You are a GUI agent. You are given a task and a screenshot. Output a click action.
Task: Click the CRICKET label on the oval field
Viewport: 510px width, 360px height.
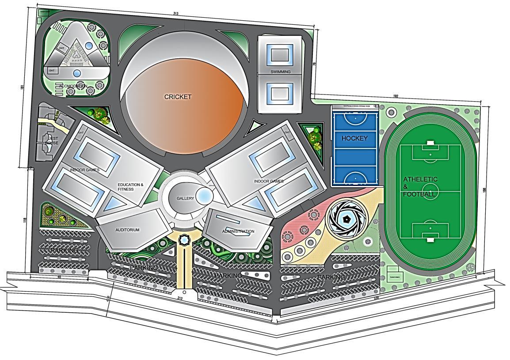(178, 97)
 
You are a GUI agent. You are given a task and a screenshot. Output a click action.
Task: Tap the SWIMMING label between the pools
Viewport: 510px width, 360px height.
(280, 72)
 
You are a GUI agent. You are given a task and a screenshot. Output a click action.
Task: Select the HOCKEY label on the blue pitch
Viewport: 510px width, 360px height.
(354, 138)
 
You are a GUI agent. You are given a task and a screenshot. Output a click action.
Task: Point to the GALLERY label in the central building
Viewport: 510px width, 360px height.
(185, 198)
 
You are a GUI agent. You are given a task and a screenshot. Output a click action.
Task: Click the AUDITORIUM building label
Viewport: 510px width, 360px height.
(127, 230)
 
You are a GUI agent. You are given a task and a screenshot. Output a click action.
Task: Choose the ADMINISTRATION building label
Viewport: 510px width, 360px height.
(238, 231)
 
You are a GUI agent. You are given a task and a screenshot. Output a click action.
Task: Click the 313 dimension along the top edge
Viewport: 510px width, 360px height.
(176, 14)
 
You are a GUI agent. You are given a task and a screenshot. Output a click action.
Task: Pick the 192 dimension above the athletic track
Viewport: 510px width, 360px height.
(396, 96)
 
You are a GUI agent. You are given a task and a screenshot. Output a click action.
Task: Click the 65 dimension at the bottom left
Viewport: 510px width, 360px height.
(59, 277)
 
